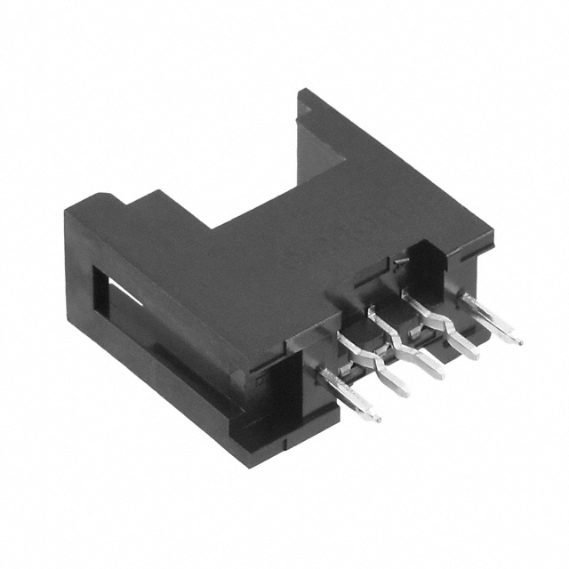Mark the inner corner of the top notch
(x=212, y=222)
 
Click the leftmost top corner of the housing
(x=67, y=212)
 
